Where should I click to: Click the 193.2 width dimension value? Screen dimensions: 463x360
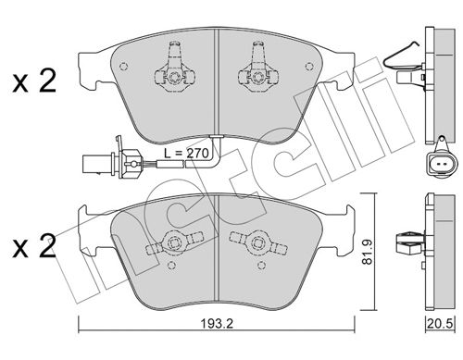tap(217, 324)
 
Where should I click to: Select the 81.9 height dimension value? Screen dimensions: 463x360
tap(367, 252)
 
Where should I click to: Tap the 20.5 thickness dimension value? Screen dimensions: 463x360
tap(441, 324)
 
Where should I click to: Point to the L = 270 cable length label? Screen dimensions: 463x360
tap(186, 154)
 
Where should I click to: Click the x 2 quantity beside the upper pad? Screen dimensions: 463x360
tap(34, 81)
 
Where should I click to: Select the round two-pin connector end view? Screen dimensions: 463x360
tap(440, 163)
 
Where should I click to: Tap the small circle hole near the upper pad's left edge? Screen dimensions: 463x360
tap(123, 67)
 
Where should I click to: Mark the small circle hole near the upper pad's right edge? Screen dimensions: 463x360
tap(309, 67)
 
